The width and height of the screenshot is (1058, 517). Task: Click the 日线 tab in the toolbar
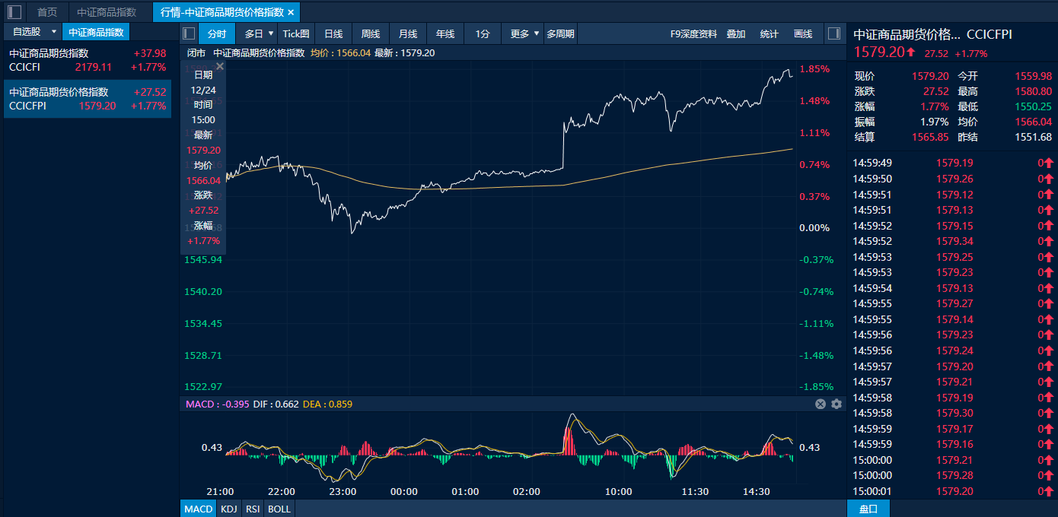pyautogui.click(x=333, y=33)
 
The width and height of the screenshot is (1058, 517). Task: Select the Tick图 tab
pyautogui.click(x=296, y=33)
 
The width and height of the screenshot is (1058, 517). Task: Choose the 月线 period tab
pyautogui.click(x=408, y=33)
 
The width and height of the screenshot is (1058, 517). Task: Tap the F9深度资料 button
pyautogui.click(x=693, y=33)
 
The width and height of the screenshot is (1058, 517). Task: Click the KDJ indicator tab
pyautogui.click(x=228, y=509)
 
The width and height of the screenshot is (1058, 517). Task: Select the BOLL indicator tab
pyautogui.click(x=279, y=509)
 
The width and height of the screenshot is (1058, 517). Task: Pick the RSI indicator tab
pyautogui.click(x=253, y=509)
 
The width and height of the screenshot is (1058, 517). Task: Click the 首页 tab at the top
pyautogui.click(x=47, y=12)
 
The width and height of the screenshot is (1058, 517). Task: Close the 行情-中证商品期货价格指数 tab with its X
pyautogui.click(x=291, y=12)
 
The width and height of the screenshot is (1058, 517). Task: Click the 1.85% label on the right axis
pyautogui.click(x=814, y=69)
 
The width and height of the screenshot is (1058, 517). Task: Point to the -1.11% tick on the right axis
pyautogui.click(x=816, y=323)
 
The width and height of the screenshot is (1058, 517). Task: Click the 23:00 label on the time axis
pyautogui.click(x=343, y=491)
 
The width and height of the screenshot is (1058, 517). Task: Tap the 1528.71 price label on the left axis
pyautogui.click(x=203, y=355)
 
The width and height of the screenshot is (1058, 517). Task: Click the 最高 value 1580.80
pyautogui.click(x=1033, y=91)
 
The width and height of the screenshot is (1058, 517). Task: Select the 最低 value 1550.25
pyautogui.click(x=1033, y=106)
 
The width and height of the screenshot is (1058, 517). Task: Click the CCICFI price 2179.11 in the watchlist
pyautogui.click(x=93, y=67)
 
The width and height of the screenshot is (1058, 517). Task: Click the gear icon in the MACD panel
pyautogui.click(x=837, y=404)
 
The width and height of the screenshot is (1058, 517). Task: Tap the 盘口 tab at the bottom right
pyautogui.click(x=868, y=509)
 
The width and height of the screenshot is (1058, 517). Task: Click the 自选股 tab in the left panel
pyautogui.click(x=27, y=32)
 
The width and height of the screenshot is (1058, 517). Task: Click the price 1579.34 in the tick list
pyautogui.click(x=954, y=241)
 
